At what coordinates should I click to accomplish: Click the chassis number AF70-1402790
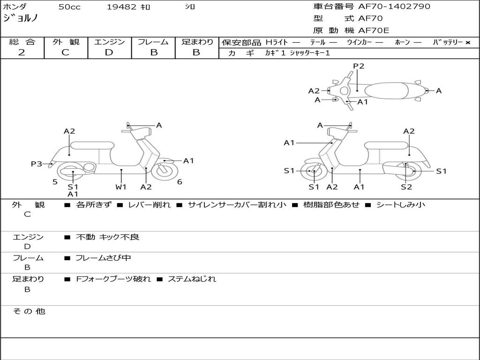click(x=394, y=6)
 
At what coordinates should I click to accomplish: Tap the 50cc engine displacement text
click(x=69, y=7)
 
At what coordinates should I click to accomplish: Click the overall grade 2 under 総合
click(x=22, y=52)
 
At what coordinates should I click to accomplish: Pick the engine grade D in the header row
click(x=109, y=52)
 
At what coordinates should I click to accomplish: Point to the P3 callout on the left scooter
click(x=36, y=164)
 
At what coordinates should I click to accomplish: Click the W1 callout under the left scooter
click(x=121, y=187)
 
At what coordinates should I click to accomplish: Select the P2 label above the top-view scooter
click(x=359, y=66)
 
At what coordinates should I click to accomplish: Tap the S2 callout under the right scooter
click(x=406, y=187)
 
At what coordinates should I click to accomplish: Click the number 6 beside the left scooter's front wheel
click(x=180, y=182)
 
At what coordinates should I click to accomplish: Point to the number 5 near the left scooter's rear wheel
click(x=55, y=182)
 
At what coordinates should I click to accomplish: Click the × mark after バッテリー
click(x=468, y=43)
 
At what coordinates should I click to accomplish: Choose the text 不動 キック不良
click(x=107, y=237)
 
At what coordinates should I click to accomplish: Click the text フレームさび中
click(x=103, y=258)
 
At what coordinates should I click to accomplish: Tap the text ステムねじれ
click(x=192, y=279)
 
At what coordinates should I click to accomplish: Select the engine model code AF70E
click(x=374, y=30)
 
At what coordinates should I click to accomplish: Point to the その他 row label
click(x=29, y=311)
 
